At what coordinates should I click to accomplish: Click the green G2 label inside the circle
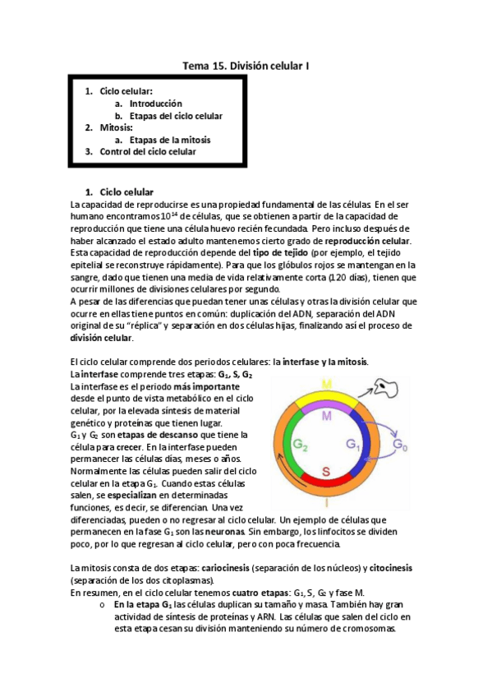click(301, 445)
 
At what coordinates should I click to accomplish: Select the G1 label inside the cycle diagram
click(354, 445)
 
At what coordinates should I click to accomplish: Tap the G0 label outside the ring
click(400, 445)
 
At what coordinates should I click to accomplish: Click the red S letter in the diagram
click(326, 471)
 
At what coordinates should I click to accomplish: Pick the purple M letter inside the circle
click(327, 417)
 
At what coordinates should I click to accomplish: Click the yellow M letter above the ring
click(326, 383)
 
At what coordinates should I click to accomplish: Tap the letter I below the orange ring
click(327, 502)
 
